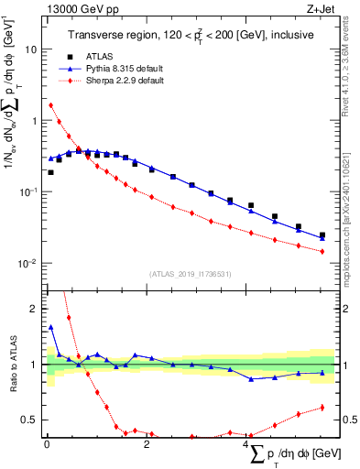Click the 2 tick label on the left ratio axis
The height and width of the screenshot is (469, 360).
[x=38, y=309]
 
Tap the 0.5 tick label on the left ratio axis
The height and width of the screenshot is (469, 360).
[x=34, y=420]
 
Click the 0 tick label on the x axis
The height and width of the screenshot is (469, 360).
[x=47, y=444]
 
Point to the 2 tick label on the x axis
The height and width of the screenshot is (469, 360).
[x=147, y=444]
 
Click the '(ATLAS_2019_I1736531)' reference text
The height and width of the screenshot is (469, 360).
[x=190, y=273]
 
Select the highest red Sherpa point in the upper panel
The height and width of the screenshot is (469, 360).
[x=51, y=104]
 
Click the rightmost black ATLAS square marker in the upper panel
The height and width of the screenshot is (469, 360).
[x=322, y=235]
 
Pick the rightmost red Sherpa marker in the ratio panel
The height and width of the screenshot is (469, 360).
[x=322, y=408]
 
